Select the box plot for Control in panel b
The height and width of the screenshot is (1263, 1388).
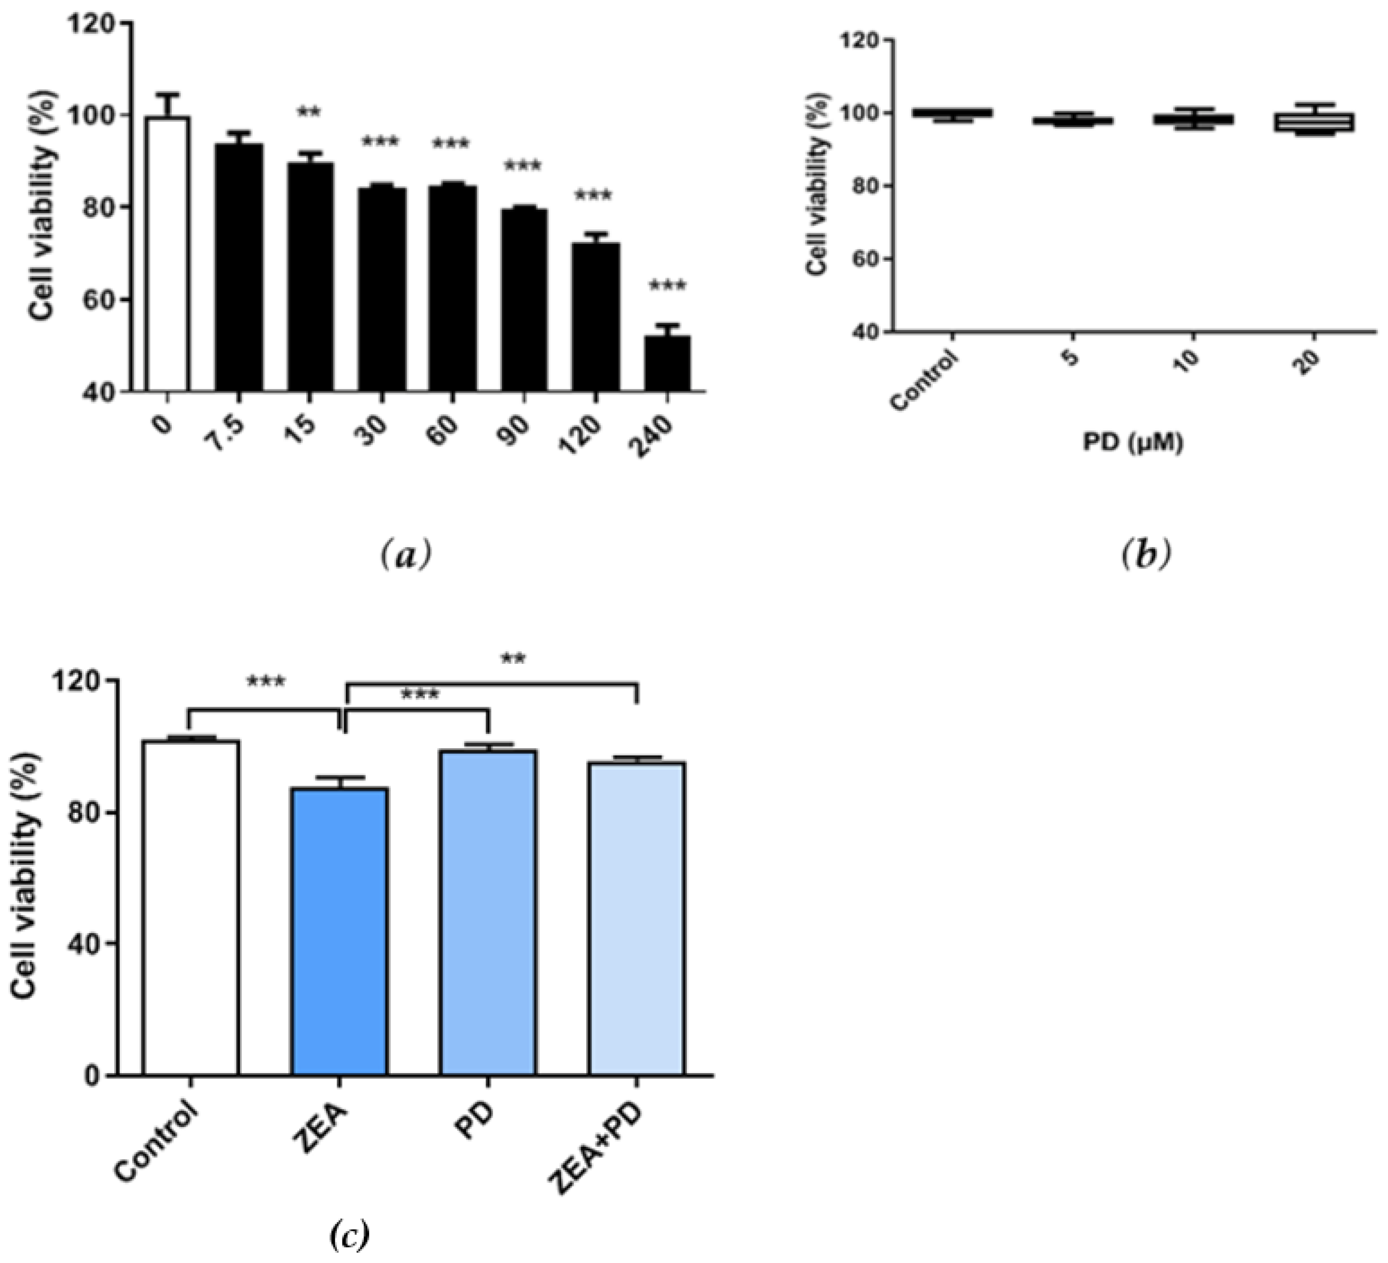point(952,114)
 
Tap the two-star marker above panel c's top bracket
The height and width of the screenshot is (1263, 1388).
point(513,659)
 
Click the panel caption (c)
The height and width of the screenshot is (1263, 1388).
point(350,1234)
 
